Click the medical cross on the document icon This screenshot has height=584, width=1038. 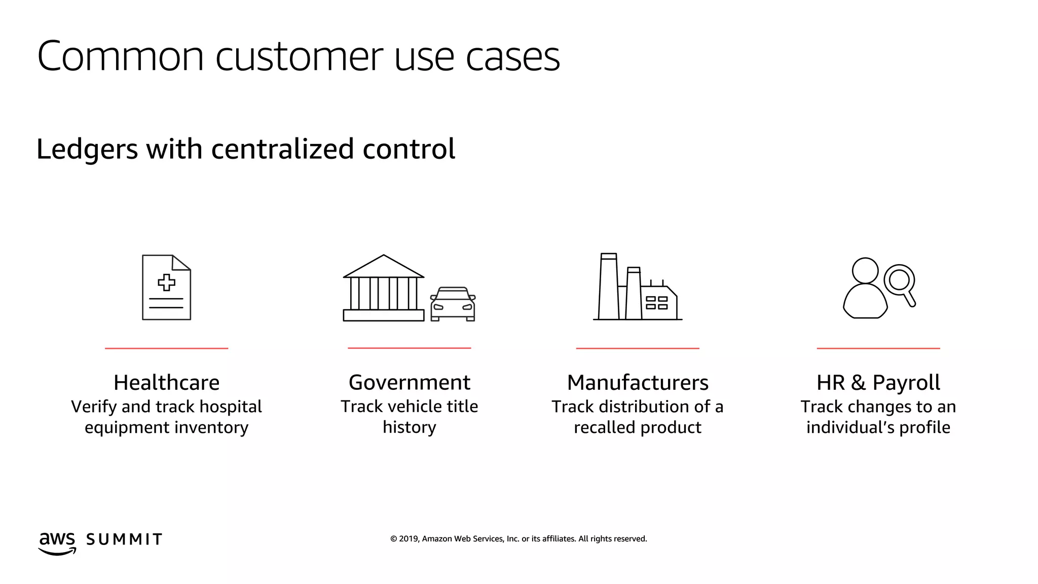(x=166, y=282)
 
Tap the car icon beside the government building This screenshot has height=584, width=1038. (x=453, y=304)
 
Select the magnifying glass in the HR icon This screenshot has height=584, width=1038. (x=900, y=280)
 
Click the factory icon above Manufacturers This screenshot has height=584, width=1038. (x=638, y=288)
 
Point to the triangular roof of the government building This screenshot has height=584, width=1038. (x=384, y=267)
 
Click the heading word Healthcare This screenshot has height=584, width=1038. (x=166, y=382)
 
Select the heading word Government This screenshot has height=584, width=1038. (x=410, y=382)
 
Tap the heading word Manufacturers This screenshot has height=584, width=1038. (x=638, y=382)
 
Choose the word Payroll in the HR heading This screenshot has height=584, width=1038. (x=906, y=382)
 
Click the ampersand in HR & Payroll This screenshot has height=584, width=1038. (x=858, y=382)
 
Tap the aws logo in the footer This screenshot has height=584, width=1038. (x=57, y=542)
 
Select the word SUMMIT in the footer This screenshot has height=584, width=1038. (x=124, y=539)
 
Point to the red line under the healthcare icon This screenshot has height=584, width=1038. (x=166, y=348)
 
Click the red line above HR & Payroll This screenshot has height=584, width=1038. (x=878, y=348)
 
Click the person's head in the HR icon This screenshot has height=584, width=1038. (x=865, y=270)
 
